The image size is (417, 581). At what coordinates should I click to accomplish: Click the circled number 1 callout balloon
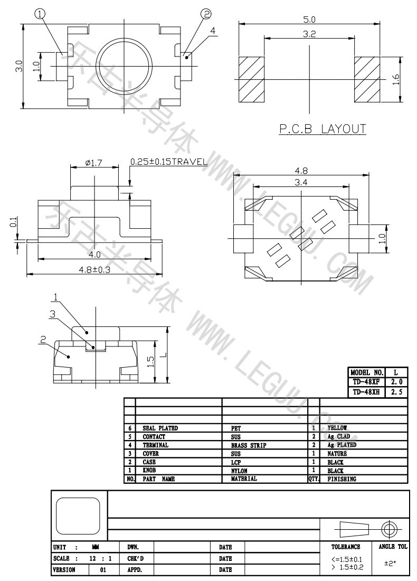[x=40, y=14]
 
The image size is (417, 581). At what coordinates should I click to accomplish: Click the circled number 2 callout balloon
[x=206, y=14]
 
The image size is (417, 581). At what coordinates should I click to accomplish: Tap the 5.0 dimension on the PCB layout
[x=309, y=19]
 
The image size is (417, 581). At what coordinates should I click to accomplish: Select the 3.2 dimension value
[x=309, y=34]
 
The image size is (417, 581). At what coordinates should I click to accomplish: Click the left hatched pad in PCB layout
[x=251, y=80]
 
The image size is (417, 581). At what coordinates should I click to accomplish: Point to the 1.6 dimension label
[x=396, y=80]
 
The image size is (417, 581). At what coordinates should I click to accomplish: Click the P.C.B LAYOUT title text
[x=322, y=129]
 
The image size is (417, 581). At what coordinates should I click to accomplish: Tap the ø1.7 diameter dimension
[x=93, y=162]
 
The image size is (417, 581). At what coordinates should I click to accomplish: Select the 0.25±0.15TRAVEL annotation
[x=169, y=162]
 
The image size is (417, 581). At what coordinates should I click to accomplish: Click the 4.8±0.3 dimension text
[x=95, y=269]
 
